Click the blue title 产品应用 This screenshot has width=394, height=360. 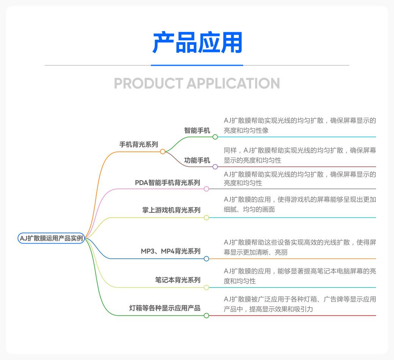[197, 42]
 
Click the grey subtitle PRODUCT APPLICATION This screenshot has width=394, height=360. [197, 83]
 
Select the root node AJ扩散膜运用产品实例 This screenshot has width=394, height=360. [51, 238]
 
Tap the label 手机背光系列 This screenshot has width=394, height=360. [138, 145]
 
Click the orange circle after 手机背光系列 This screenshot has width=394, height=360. [163, 152]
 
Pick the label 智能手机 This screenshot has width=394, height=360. [197, 130]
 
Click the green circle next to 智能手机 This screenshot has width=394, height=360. [215, 137]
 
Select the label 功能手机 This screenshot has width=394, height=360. [197, 160]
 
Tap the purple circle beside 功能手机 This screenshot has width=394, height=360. [215, 167]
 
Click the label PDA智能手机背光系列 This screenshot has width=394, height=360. [167, 183]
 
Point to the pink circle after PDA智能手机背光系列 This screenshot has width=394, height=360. [206, 189]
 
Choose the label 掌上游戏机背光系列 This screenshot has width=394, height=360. [171, 210]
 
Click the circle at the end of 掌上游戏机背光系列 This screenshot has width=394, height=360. [206, 218]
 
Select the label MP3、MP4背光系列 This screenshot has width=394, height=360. [170, 251]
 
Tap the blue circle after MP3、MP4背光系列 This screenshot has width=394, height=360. [206, 259]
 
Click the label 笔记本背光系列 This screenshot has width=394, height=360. [177, 280]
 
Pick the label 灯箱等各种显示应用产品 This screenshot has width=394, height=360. [165, 308]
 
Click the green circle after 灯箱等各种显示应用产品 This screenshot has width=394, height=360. [206, 316]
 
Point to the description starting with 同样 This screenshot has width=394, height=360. [300, 155]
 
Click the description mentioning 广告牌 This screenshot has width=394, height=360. [300, 304]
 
